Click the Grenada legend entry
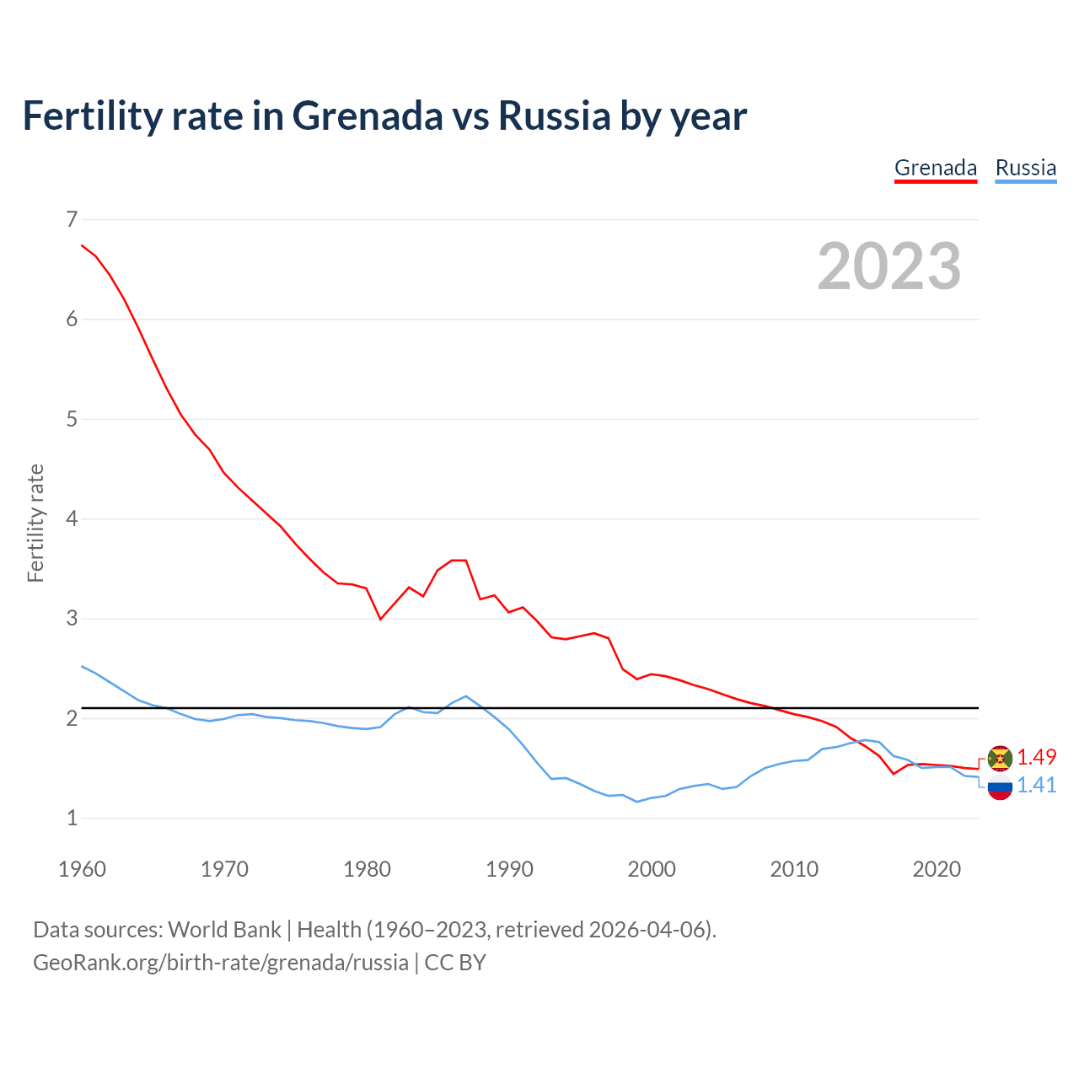936,168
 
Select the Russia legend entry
1025,168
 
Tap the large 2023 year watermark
889,266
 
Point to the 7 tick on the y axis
72,220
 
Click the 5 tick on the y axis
72,419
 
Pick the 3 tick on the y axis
72,619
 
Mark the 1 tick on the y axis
72,818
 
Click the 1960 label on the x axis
82,869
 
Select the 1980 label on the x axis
367,869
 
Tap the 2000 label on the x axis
652,869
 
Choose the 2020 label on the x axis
937,869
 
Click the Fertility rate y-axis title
35,523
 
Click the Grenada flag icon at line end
1000,758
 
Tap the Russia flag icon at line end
1000,787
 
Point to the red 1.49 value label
1037,757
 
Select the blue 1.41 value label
1037,786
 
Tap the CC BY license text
455,963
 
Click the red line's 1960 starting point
82,245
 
